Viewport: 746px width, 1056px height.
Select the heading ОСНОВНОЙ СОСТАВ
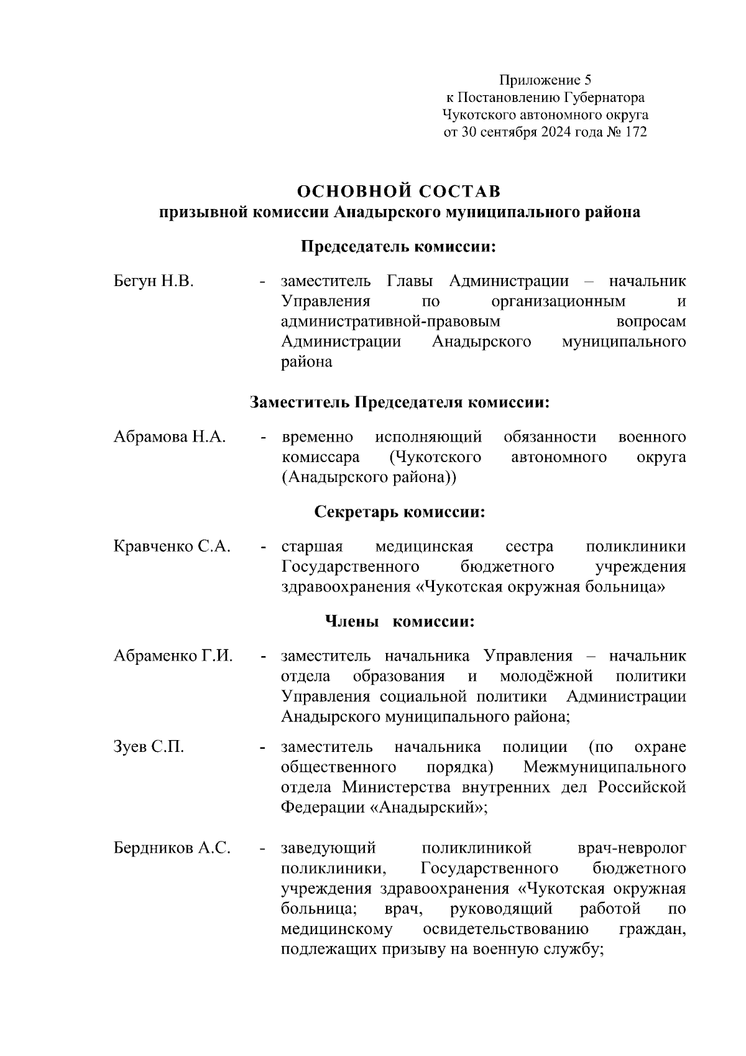(398, 190)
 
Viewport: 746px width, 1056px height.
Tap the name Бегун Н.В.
(154, 281)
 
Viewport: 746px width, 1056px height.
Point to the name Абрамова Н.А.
(169, 437)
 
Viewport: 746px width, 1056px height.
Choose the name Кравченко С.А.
(172, 547)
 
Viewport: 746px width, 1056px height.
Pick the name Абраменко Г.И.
(173, 656)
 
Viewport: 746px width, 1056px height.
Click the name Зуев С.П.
(149, 747)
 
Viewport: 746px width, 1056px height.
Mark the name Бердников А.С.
(172, 848)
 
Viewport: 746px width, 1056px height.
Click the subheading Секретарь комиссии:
(399, 512)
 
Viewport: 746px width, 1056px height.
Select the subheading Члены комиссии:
(399, 622)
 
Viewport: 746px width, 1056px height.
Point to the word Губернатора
(604, 98)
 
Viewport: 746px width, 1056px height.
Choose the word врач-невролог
(632, 848)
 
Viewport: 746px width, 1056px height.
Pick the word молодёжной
(546, 676)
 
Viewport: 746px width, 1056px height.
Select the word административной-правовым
(390, 322)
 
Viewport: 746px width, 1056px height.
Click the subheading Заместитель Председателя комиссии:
(399, 402)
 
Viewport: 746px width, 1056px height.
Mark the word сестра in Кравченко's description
(529, 547)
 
